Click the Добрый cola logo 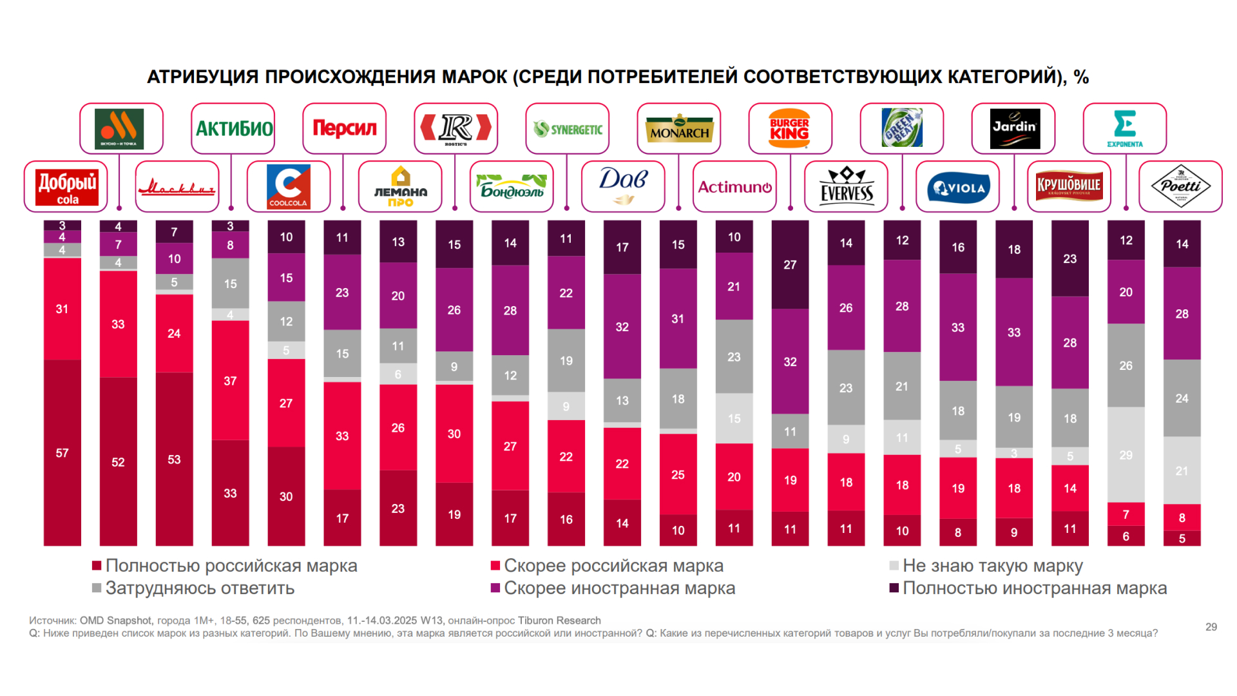(x=66, y=187)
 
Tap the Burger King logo (x=790, y=128)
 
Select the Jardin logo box (x=1013, y=128)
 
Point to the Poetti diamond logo (x=1180, y=186)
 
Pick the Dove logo (x=623, y=186)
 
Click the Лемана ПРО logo (x=400, y=186)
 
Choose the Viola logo (x=958, y=187)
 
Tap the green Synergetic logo (x=568, y=129)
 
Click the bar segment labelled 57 (x=62, y=452)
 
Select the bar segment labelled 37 (x=230, y=380)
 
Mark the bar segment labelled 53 (x=174, y=459)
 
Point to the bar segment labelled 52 (x=118, y=461)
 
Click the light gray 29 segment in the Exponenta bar (x=1126, y=454)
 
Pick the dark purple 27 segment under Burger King (x=790, y=264)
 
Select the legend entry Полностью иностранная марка (x=1034, y=588)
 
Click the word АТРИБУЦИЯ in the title (x=204, y=77)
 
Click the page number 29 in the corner (x=1211, y=627)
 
